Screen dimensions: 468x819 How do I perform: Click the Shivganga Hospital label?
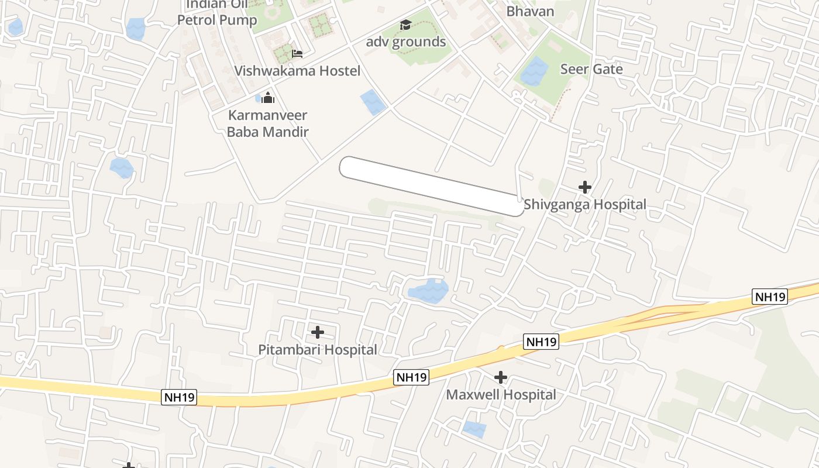(584, 205)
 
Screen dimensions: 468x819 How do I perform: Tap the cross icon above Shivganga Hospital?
(584, 187)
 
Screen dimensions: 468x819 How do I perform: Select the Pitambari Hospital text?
(318, 350)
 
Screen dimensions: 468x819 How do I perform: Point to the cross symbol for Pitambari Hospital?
(318, 332)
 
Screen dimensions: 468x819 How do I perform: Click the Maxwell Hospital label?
(501, 395)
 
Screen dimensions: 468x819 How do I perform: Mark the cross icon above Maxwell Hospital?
(501, 377)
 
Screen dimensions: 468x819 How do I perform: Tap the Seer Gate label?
(591, 69)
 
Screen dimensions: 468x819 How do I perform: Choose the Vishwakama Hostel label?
(297, 71)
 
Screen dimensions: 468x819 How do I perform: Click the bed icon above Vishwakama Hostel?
(297, 54)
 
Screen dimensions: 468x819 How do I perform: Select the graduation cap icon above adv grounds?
(405, 25)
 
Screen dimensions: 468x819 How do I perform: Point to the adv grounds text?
(406, 42)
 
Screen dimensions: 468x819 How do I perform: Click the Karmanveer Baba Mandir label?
(267, 123)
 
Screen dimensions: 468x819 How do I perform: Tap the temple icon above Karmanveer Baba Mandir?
(268, 98)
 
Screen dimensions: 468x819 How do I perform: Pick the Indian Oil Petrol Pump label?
(217, 13)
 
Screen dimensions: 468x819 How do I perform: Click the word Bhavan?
(530, 11)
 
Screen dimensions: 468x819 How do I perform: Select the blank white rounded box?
(432, 186)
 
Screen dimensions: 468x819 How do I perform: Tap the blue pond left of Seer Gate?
(532, 72)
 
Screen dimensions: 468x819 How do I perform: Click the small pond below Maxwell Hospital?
(474, 429)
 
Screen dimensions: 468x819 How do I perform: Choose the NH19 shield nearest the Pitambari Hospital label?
(412, 377)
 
